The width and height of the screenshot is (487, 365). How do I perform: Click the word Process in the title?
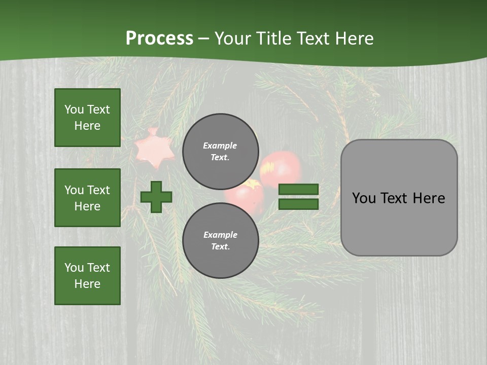[159, 39]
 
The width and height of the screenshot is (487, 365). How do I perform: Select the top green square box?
[87, 118]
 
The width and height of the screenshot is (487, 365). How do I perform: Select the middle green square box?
[87, 198]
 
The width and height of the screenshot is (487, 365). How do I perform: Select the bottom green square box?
[87, 276]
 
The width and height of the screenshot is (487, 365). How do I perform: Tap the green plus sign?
[156, 197]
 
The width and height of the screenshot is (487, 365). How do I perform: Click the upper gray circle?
[220, 151]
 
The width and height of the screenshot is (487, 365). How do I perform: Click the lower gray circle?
[220, 240]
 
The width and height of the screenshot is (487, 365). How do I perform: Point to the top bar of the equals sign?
[299, 190]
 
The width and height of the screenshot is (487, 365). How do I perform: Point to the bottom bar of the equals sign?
[299, 204]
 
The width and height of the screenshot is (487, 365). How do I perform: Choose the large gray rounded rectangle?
[399, 198]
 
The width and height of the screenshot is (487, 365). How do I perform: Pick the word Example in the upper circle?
[220, 145]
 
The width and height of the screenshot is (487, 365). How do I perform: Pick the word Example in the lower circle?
[220, 235]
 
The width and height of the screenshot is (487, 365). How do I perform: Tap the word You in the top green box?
[74, 109]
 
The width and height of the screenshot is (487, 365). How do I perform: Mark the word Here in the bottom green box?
[87, 284]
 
